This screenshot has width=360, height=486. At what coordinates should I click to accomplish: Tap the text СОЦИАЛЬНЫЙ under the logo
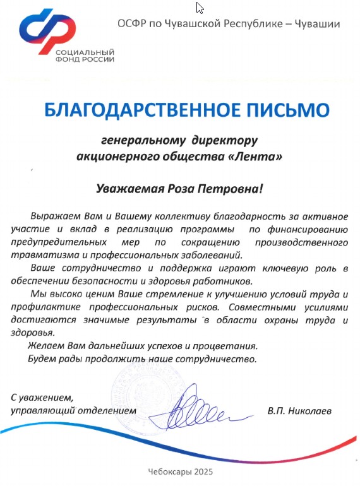click(x=85, y=51)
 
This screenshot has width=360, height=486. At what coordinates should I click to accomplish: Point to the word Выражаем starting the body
click(x=52, y=216)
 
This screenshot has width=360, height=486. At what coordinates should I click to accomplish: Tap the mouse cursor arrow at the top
click(x=200, y=8)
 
